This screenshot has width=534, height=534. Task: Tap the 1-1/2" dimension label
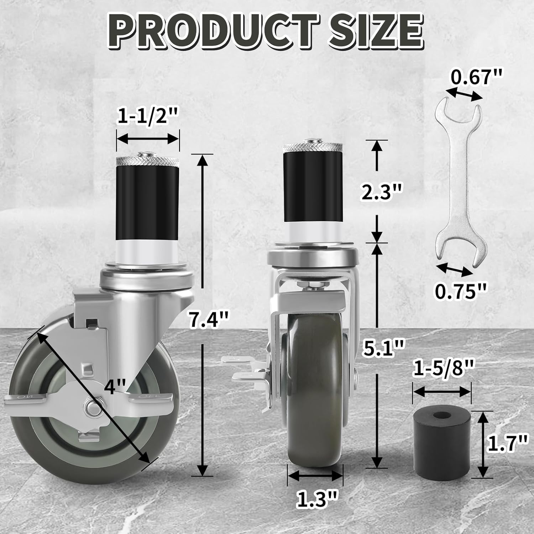147,117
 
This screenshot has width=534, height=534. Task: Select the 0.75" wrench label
460,292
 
